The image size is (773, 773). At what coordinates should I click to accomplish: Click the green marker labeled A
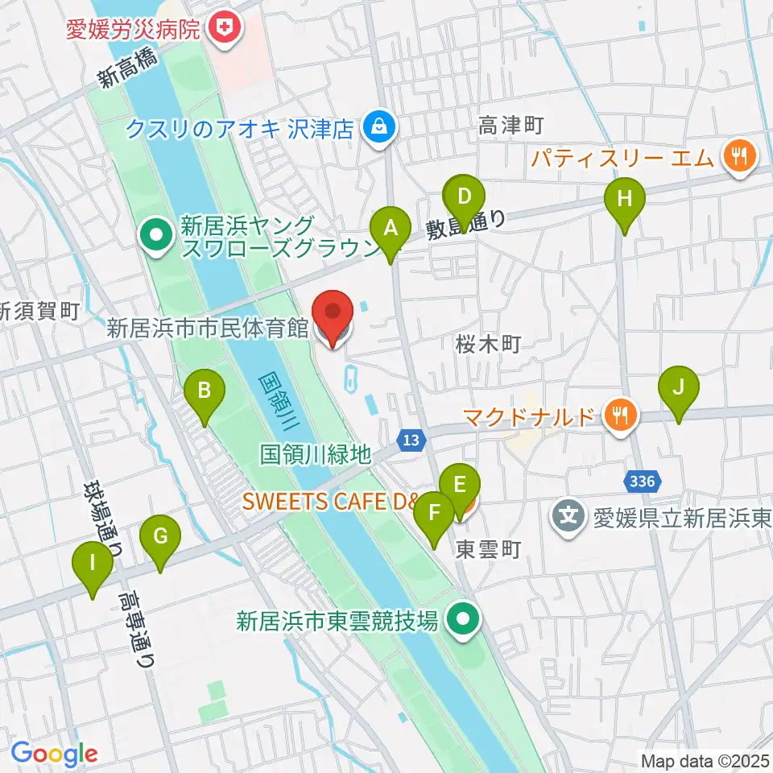pos(391,228)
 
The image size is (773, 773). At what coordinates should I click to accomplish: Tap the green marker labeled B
pos(205,392)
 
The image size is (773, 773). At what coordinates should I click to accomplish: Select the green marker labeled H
pos(625,198)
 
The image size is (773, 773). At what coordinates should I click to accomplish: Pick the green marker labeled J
pos(679,388)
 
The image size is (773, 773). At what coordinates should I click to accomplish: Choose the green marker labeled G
pos(159,537)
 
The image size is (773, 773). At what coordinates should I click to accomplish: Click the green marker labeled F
pos(436,514)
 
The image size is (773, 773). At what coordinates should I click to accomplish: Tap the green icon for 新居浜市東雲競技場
pos(462,620)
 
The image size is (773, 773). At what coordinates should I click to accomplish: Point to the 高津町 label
pos(511,126)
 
